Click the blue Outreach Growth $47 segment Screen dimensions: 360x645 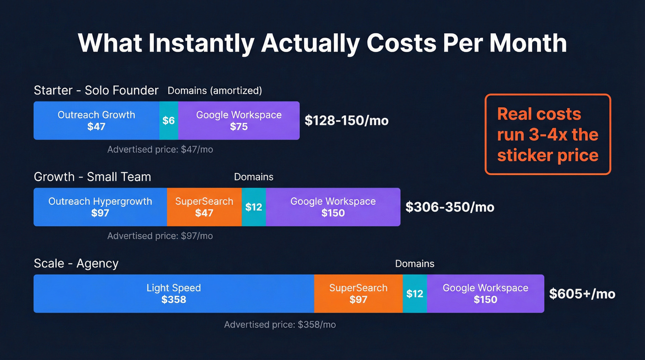pos(96,120)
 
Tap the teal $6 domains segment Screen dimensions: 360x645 pos(169,120)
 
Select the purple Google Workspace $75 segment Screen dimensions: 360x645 pos(239,120)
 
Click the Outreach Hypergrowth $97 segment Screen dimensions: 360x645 pos(100,207)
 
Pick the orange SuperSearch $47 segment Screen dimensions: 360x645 pos(204,207)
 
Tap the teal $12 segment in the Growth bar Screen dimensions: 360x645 pos(253,207)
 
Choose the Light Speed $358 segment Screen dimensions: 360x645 pos(174,294)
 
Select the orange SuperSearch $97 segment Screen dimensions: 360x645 pos(358,294)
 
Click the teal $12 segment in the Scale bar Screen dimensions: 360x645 pos(415,294)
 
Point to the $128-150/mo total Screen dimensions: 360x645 pos(346,121)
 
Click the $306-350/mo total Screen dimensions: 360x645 pos(450,207)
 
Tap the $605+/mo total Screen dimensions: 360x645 pos(582,294)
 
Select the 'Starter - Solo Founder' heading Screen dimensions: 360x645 pos(96,90)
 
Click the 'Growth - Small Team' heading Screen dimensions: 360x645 pos(92,177)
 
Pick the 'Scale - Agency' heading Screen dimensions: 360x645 pos(76,264)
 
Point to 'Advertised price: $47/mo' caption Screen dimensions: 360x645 pos(160,149)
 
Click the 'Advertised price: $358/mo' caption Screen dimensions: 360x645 pos(280,325)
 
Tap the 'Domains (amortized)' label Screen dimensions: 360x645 pos(215,91)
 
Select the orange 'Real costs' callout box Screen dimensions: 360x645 pos(547,134)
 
